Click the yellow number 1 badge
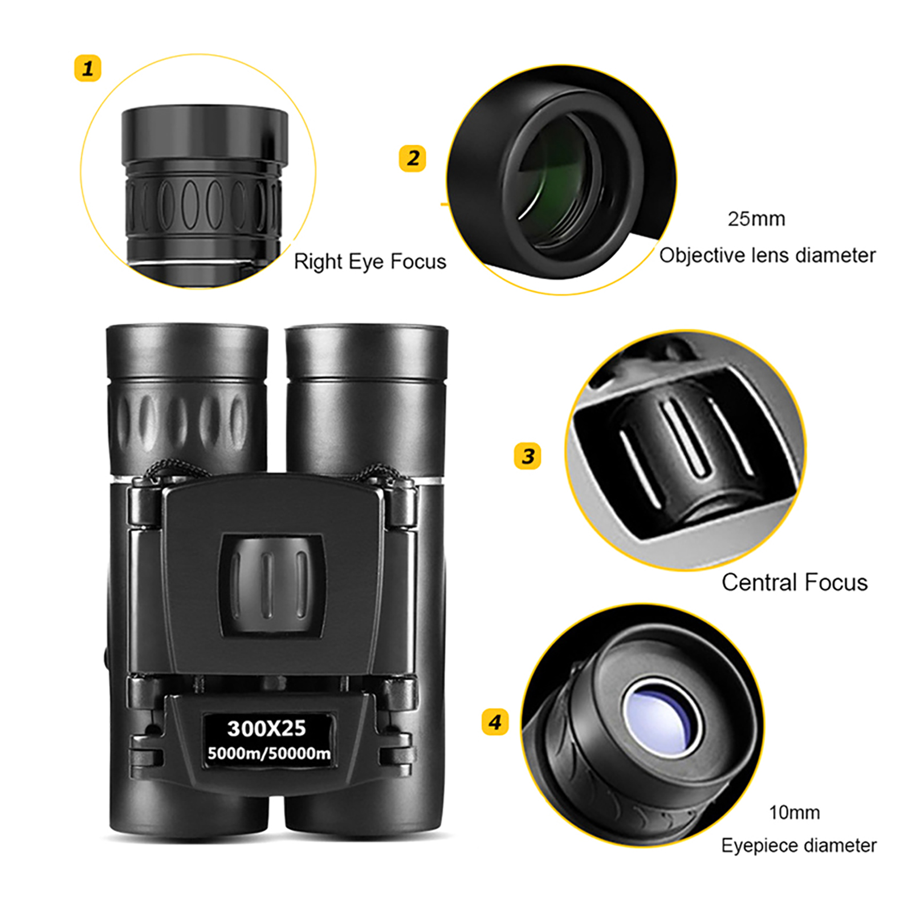(x=88, y=68)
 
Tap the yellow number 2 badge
(x=413, y=158)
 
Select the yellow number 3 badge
(x=528, y=455)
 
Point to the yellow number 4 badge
(x=495, y=722)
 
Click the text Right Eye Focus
(x=370, y=262)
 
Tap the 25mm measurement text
(x=756, y=219)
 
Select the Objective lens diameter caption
(x=767, y=255)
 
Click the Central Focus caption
(x=795, y=583)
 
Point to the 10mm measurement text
(x=794, y=812)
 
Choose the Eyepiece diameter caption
(x=799, y=846)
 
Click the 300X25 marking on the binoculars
(x=266, y=728)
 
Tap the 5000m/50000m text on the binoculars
(x=269, y=754)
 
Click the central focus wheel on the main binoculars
(x=272, y=584)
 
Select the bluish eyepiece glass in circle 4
(x=661, y=716)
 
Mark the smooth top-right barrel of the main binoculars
(x=366, y=399)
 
